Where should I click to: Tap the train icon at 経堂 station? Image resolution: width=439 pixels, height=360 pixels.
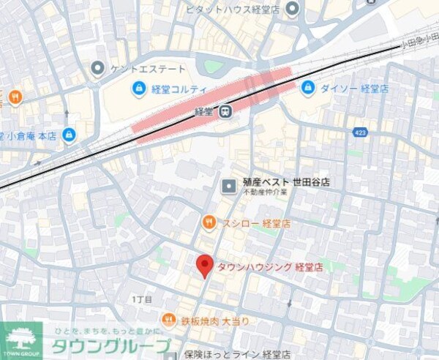(227, 111)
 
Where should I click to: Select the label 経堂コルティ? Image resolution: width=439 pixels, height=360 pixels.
(180, 89)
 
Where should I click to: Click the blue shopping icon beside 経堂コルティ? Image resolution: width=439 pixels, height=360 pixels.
(138, 89)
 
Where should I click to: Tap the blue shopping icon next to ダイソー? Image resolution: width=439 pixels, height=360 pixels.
(307, 88)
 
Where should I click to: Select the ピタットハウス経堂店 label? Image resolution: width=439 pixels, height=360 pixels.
(237, 9)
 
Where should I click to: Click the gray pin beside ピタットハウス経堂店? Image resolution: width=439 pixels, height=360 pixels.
(293, 9)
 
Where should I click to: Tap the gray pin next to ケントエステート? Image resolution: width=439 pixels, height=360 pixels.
(97, 69)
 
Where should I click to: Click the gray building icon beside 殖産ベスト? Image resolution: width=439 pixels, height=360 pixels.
(228, 187)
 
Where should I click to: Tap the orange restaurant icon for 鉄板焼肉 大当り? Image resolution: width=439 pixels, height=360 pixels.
(169, 320)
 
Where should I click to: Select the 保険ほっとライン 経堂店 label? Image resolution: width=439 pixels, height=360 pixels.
(237, 354)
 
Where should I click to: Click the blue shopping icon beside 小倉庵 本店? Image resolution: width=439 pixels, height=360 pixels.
(69, 135)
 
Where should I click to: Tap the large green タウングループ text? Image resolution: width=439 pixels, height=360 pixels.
(110, 346)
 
